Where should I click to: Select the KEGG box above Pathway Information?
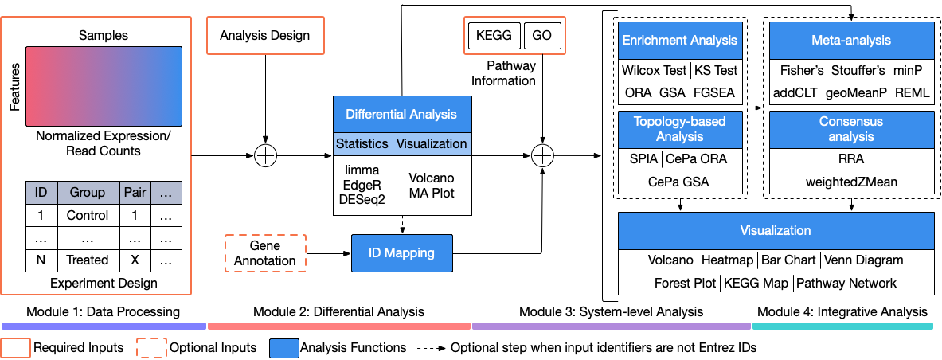(493, 36)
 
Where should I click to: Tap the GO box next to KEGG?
(542, 36)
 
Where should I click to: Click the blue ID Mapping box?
(402, 253)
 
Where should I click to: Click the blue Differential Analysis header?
(402, 115)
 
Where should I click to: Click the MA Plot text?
(432, 192)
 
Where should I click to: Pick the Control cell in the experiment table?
(88, 215)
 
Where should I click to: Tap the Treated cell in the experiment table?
(88, 260)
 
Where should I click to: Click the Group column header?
(88, 192)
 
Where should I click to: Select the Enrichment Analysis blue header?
(680, 40)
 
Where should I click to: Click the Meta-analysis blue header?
(851, 40)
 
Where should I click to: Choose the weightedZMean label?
(851, 182)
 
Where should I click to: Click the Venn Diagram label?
(863, 260)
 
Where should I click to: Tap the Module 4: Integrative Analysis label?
(842, 311)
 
